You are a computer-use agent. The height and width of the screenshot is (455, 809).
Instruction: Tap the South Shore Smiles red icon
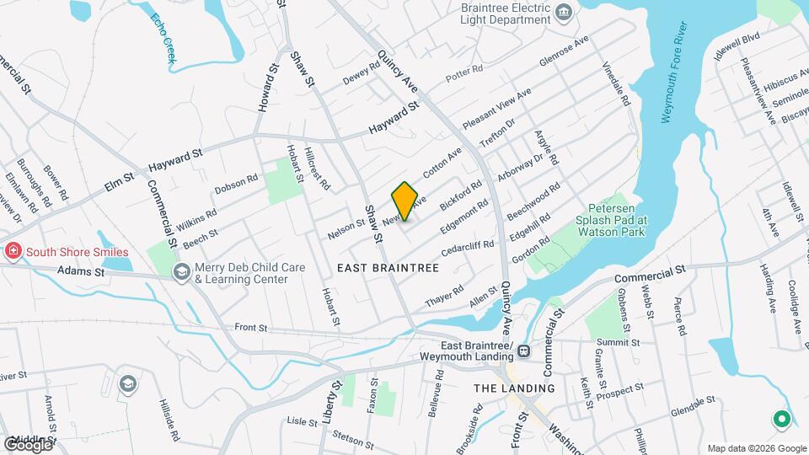pos(13,251)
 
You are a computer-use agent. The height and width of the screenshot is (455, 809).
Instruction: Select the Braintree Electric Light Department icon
pos(564,12)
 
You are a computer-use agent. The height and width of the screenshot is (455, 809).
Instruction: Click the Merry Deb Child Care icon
pos(181,272)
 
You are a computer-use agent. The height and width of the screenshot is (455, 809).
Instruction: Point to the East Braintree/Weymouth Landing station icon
pos(523,351)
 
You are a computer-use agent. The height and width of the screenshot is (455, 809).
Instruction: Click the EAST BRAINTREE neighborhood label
pos(388,268)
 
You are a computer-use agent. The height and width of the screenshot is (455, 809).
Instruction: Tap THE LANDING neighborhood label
pos(514,388)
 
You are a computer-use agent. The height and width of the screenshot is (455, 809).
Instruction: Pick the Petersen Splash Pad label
pos(617,216)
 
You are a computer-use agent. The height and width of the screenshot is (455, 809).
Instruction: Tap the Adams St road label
pos(81,272)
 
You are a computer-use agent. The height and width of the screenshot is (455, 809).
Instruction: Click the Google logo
pos(27,445)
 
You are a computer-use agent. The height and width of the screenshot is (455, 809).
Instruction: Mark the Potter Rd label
pos(463,73)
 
